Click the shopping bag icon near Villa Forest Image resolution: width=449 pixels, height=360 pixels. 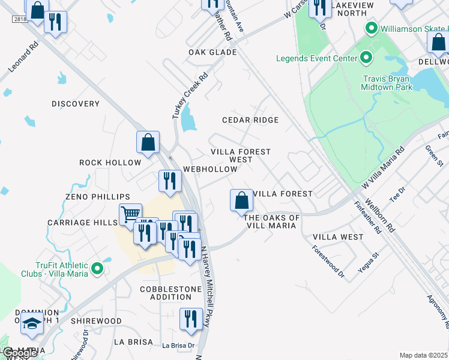coord(241,200)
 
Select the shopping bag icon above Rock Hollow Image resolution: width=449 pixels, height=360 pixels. coord(148,142)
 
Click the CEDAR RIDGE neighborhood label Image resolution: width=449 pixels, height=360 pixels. coord(250,120)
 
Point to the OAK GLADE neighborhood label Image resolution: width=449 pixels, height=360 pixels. coord(212,52)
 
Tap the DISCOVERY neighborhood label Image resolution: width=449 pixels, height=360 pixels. coord(75,104)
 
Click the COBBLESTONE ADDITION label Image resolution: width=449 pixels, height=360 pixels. coord(166,293)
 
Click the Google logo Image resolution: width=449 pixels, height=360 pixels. coord(19,353)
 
